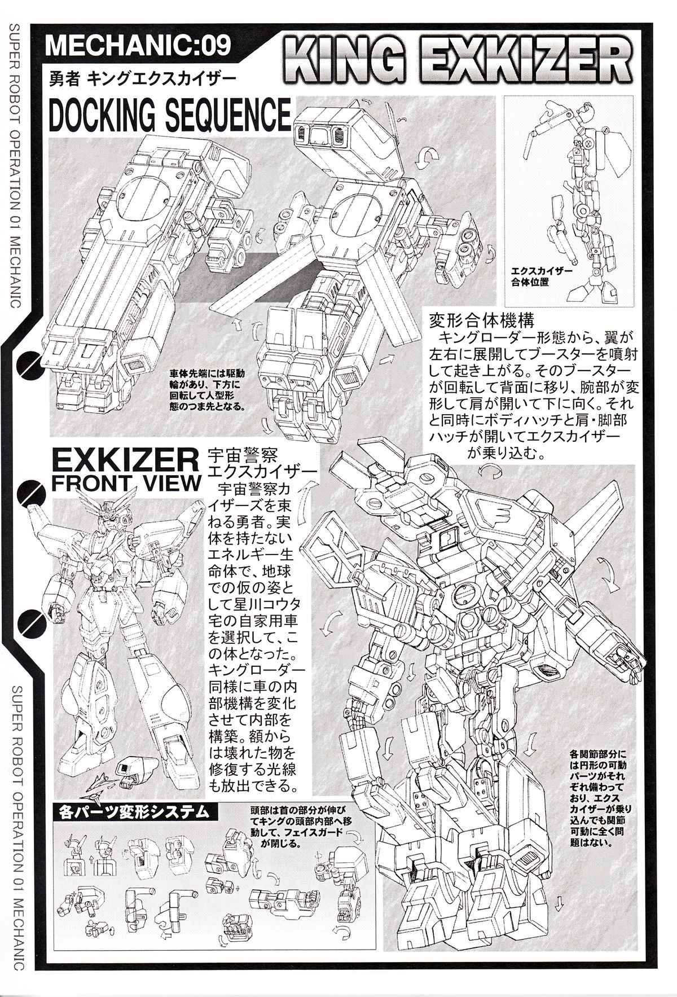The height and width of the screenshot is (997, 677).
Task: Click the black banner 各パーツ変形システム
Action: tap(138, 813)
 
